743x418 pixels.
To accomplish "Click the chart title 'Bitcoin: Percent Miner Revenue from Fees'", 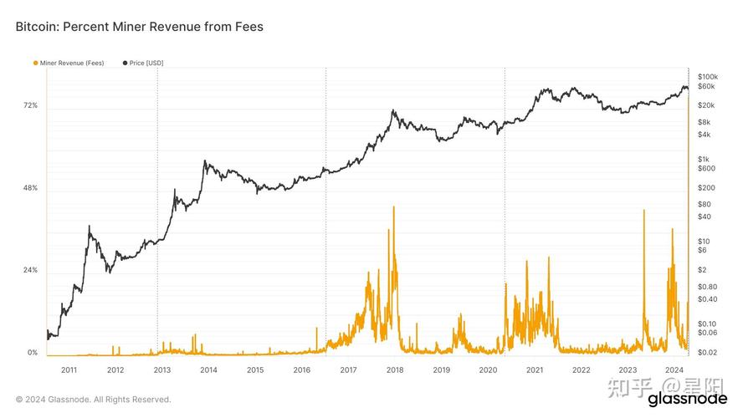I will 139,27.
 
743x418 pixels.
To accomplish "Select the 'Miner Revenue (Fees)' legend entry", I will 70,63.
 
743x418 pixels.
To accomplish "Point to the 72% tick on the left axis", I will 30,105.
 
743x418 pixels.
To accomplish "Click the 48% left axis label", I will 30,188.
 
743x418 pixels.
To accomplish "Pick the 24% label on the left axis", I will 30,271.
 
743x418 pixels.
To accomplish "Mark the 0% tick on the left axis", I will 32,353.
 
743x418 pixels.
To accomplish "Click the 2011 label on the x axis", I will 69,370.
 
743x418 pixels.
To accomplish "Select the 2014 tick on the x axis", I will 209,370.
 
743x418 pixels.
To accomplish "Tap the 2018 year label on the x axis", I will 395,370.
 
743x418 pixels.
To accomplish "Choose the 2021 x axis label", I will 535,370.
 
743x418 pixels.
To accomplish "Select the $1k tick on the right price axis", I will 704,160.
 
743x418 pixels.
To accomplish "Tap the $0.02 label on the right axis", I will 707,353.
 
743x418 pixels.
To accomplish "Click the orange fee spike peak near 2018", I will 393,207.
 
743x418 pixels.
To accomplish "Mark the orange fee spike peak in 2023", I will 643,211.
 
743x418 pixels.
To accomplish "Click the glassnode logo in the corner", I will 688,399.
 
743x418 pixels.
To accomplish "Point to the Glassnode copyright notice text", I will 93,400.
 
